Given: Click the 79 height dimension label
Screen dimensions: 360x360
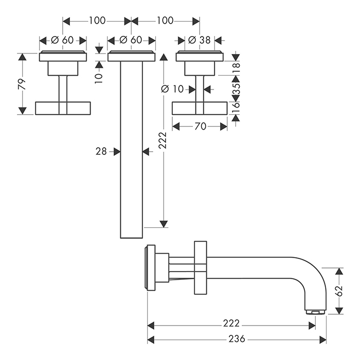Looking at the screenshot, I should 22,84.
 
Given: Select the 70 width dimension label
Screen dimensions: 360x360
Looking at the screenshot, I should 200,126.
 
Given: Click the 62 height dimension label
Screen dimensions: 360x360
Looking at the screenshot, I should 338,291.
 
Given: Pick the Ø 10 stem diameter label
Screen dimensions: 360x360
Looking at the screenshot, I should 172,89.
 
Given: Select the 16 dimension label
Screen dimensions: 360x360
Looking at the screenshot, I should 237,107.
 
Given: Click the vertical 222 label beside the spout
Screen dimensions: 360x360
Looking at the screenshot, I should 163,139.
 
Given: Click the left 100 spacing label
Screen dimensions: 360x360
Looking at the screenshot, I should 97,21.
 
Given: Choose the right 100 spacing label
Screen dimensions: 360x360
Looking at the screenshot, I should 165,21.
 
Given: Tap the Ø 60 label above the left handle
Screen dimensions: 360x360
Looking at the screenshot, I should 63,40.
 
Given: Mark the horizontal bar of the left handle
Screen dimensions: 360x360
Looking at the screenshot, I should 63,108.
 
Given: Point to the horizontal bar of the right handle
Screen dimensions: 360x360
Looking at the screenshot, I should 199,108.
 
